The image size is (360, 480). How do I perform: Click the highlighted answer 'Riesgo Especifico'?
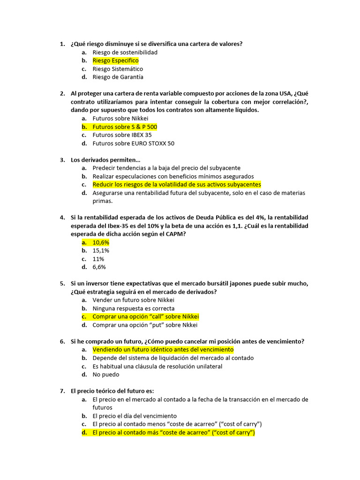[x=115, y=60]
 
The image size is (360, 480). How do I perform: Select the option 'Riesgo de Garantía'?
[x=118, y=77]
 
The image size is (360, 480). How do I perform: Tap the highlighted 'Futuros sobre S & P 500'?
[x=125, y=127]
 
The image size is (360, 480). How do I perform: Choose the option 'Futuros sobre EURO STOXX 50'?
[x=133, y=143]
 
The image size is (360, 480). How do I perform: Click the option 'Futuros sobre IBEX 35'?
[x=122, y=135]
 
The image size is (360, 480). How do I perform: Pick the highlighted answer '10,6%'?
[x=101, y=242]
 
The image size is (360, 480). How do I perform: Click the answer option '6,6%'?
[x=99, y=267]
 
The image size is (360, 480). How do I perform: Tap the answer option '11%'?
[x=98, y=259]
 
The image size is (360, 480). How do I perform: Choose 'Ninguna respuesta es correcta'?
[x=133, y=308]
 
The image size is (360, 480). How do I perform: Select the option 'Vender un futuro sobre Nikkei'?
[x=133, y=300]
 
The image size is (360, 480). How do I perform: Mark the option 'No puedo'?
[x=105, y=375]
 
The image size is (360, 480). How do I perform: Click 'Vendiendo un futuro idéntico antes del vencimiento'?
[x=163, y=350]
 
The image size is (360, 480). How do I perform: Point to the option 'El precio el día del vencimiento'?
[x=135, y=416]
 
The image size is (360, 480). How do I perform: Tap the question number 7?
[x=62, y=391]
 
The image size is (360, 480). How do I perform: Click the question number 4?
[x=62, y=217]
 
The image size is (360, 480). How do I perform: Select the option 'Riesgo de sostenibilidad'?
[x=125, y=52]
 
